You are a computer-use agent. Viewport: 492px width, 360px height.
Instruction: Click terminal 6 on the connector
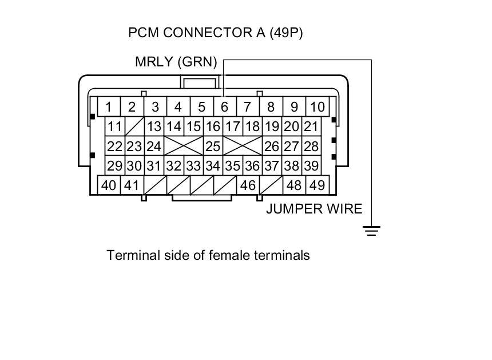pos(224,107)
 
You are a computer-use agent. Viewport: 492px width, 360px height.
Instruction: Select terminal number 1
pos(109,107)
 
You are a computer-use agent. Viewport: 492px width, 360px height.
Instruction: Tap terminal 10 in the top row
pos(317,107)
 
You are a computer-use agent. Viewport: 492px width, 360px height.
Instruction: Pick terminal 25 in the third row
pos(213,146)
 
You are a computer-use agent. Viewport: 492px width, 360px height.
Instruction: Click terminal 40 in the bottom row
pos(109,185)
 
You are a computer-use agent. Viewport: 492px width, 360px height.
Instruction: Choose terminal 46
pos(248,185)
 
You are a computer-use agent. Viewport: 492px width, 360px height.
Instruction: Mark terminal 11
pos(115,126)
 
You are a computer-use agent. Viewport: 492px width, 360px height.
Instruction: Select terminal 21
pos(311,126)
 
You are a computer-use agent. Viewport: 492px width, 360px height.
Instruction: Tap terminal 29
pos(115,166)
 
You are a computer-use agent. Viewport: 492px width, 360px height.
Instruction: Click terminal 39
pos(311,166)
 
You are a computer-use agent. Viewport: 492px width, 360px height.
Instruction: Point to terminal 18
pos(252,126)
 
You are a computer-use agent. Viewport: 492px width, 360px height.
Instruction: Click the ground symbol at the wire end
pos(372,231)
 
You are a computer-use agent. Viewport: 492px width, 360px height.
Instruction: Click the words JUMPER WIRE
pos(314,209)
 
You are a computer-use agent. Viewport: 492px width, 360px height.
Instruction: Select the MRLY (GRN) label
pos(176,62)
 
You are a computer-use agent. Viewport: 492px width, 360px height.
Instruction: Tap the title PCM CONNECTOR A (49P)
pos(216,33)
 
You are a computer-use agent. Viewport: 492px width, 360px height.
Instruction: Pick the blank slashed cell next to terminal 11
pos(134,126)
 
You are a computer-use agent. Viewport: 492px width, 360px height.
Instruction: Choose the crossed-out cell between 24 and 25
pos(184,146)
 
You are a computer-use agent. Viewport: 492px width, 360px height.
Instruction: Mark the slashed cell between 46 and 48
pos(271,185)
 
